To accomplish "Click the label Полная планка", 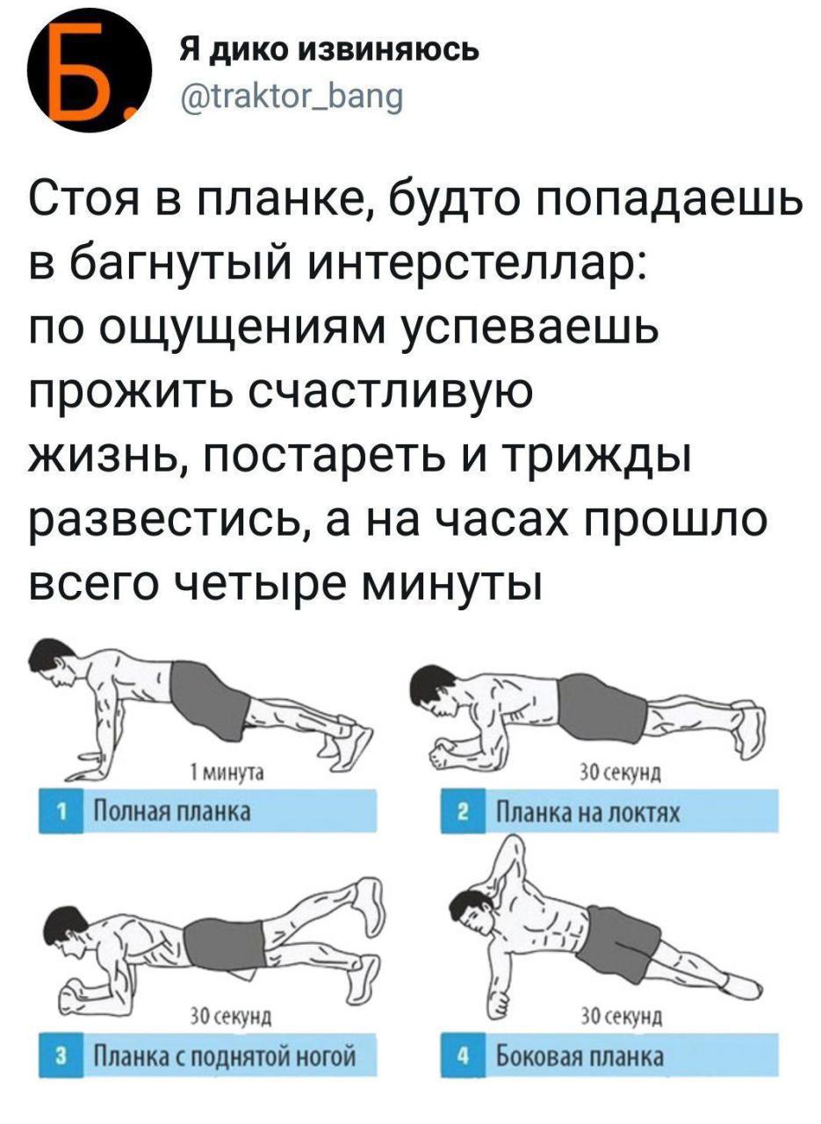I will tap(172, 810).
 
